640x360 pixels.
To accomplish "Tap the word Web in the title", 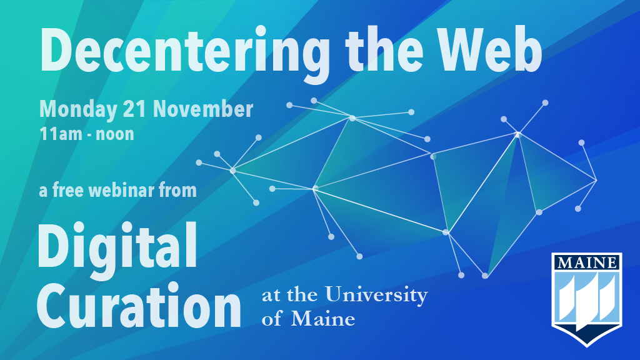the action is (491, 50).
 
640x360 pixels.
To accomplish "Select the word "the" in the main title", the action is (384, 49).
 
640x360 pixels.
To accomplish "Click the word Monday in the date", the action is (78, 110).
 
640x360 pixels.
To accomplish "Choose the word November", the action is (203, 109).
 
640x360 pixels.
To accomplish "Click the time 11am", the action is (61, 134).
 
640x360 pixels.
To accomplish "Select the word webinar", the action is (121, 191).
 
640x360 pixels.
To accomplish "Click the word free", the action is (69, 191).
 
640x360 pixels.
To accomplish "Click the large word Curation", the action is (139, 306).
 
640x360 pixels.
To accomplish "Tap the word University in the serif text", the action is (376, 295).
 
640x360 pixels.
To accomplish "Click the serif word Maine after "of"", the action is (323, 319).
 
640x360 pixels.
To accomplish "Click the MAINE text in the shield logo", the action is (587, 262).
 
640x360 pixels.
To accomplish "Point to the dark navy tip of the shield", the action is (587, 342).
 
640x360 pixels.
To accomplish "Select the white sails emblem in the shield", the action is (587, 300).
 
